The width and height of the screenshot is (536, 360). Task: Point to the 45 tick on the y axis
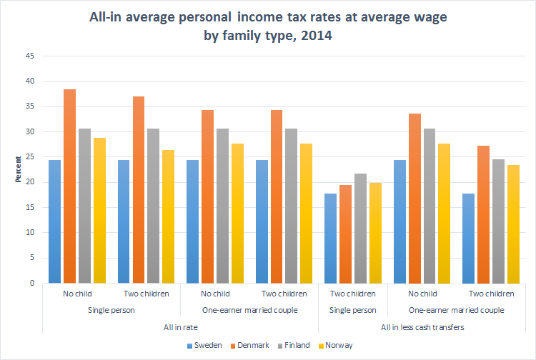click(29, 56)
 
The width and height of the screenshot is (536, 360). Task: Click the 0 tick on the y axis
click(31, 283)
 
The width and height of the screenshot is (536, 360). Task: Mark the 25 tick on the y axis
click(29, 157)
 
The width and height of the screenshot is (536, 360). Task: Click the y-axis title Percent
click(17, 169)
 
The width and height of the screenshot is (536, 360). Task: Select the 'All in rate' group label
click(181, 327)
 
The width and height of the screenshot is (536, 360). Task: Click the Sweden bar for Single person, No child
click(54, 221)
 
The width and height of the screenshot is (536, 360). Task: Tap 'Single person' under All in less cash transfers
click(352, 310)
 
